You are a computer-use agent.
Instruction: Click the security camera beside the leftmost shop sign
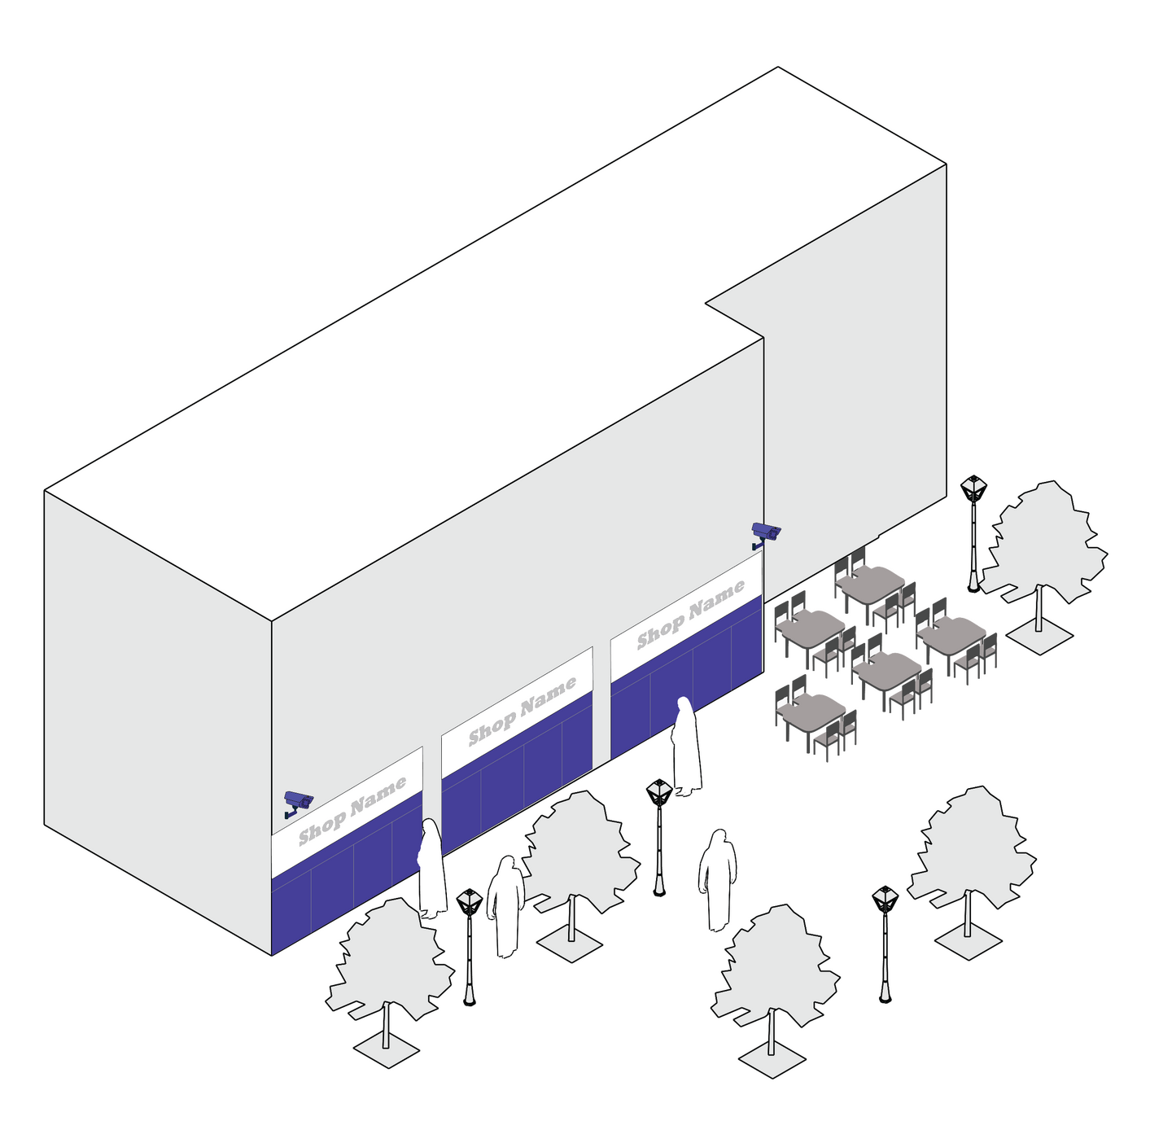point(298,803)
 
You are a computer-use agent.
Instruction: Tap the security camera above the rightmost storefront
point(766,534)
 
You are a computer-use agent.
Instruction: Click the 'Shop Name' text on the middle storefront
point(522,712)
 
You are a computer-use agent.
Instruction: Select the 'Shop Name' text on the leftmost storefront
point(352,812)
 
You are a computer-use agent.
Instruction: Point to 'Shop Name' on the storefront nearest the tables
point(690,615)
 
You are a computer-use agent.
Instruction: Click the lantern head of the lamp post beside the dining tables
point(973,488)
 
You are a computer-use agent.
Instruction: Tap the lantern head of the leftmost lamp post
point(469,902)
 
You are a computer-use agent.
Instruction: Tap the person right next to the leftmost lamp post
point(505,907)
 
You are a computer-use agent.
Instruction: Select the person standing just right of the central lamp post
point(717,880)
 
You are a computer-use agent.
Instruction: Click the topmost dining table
point(872,582)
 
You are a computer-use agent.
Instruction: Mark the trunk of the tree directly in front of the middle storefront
point(571,918)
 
